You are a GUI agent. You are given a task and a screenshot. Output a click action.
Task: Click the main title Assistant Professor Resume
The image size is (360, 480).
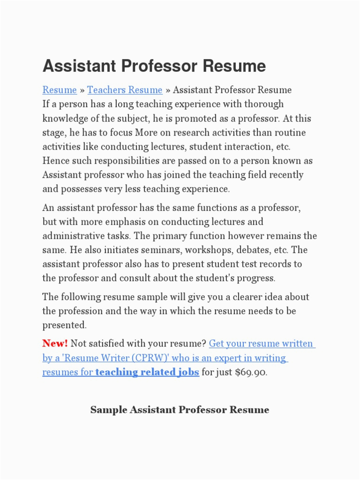[x=154, y=66]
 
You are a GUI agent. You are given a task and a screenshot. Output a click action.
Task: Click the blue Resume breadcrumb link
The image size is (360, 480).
[x=60, y=90]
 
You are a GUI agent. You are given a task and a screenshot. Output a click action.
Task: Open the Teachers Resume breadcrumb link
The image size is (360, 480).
[x=125, y=90]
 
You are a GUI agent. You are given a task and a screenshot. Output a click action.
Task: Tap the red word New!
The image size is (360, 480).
[x=55, y=344]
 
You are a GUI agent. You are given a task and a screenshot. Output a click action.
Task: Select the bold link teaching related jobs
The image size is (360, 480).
[x=147, y=373]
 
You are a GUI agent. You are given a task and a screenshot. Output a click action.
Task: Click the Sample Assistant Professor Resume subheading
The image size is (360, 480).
[x=180, y=410]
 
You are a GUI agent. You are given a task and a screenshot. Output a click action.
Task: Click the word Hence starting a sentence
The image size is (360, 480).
[x=55, y=161]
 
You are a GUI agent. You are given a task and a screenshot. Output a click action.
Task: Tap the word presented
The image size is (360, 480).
[x=65, y=325]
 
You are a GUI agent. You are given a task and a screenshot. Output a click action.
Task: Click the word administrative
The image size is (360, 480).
[x=74, y=236]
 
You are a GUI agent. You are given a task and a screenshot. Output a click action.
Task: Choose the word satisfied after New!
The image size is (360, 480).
[x=107, y=344]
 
